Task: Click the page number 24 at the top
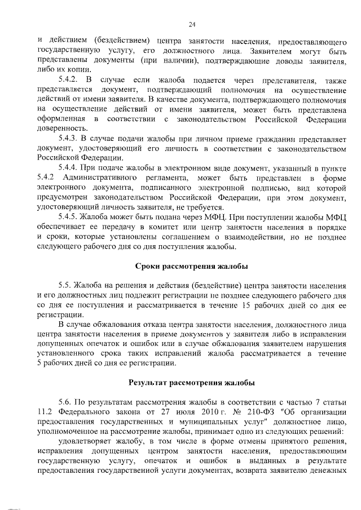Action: [191, 24]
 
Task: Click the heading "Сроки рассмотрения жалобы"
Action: [191, 267]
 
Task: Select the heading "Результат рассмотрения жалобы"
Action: [191, 382]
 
